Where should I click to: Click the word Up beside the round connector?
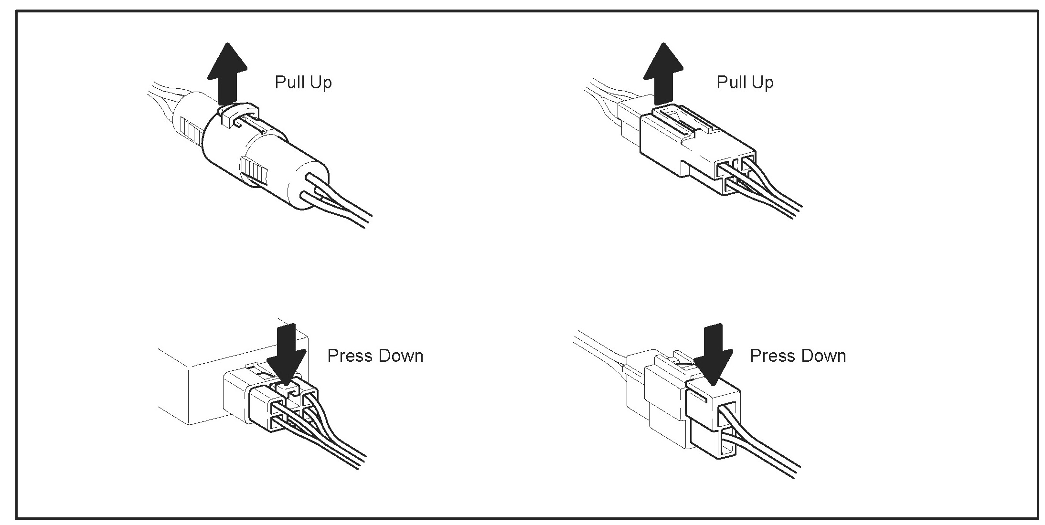320,83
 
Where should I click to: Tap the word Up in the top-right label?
762,83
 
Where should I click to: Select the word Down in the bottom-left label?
401,356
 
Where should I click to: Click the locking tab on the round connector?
237,115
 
